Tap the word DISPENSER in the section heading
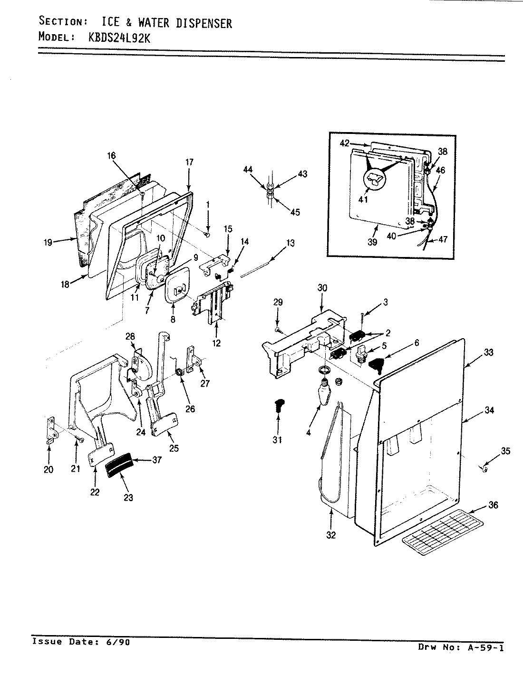[x=204, y=23]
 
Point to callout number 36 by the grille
[x=493, y=505]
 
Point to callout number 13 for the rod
[x=290, y=243]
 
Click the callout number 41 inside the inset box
[x=363, y=199]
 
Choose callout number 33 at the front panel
[x=488, y=352]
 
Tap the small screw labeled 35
[x=484, y=469]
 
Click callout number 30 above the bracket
[x=322, y=288]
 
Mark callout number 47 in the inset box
[x=443, y=240]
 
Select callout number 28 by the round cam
[x=130, y=336]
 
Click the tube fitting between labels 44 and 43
[x=269, y=194]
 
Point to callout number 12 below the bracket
[x=217, y=343]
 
